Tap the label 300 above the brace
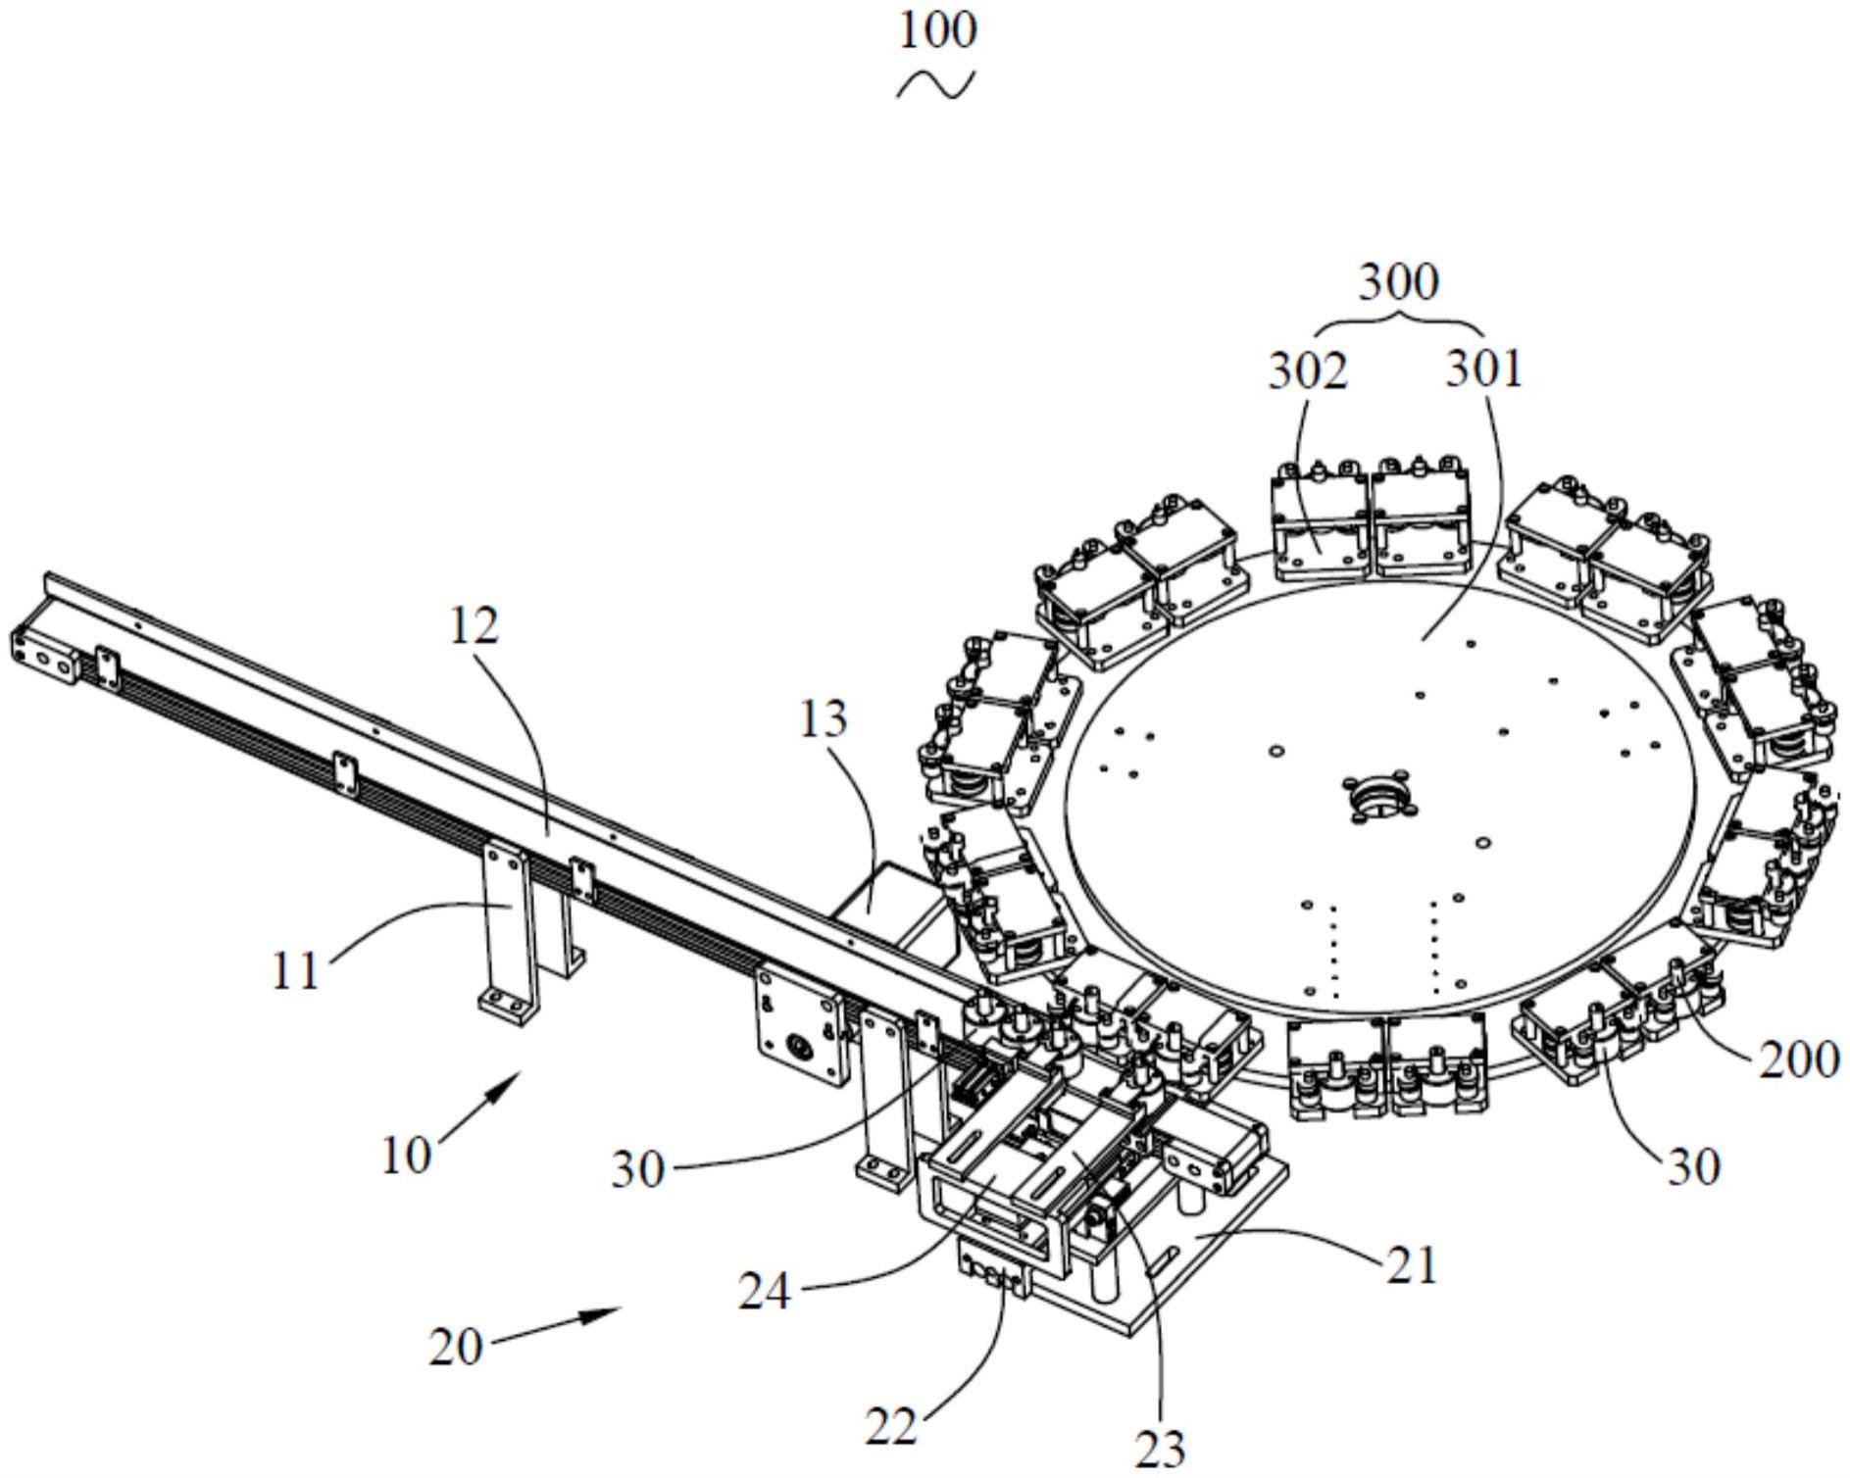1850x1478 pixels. (x=1398, y=282)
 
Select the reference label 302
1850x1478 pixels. (x=1308, y=371)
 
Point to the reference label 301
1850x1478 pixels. (x=1484, y=371)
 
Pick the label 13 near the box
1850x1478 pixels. (x=823, y=720)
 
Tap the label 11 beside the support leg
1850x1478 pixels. (x=296, y=971)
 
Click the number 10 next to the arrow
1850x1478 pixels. (x=406, y=1156)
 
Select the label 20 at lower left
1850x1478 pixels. (x=457, y=1348)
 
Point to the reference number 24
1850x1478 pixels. (x=765, y=1293)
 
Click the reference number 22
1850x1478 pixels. (x=891, y=1427)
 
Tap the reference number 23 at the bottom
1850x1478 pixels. (x=1160, y=1447)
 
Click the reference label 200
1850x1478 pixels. (x=1798, y=1059)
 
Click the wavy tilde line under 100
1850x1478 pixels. (x=936, y=86)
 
